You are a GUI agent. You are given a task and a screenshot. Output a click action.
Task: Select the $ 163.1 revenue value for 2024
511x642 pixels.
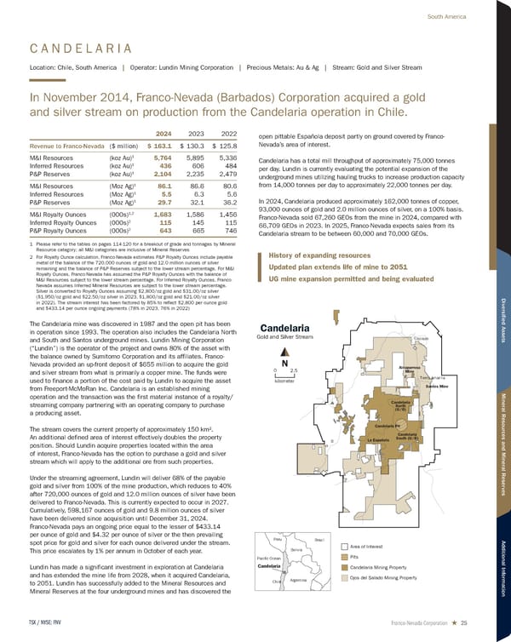pos(163,146)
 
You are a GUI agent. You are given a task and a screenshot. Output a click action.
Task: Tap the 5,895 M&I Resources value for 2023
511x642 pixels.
pos(195,158)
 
